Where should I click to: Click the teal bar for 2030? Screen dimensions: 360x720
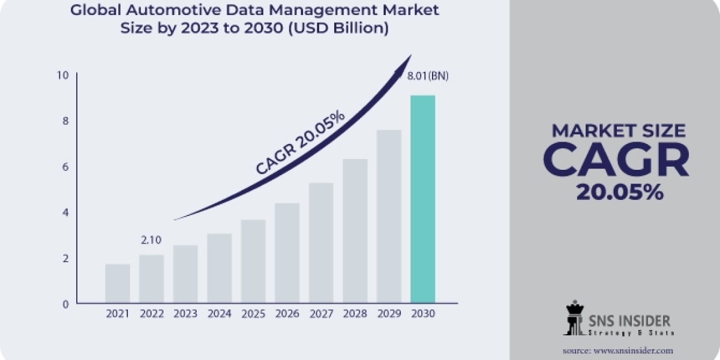tap(422, 199)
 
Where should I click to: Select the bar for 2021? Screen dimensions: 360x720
tap(117, 283)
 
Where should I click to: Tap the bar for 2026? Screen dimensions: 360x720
tap(287, 253)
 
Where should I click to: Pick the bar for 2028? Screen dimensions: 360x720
tap(355, 230)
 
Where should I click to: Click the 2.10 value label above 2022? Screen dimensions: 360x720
tap(151, 241)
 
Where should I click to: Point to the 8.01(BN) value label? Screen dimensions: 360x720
tap(427, 76)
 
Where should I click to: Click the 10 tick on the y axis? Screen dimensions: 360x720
tap(63, 75)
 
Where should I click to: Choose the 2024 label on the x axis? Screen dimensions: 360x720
tap(219, 314)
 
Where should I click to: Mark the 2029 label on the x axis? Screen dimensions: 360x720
tap(389, 314)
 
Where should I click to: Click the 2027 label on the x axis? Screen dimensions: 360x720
tap(321, 314)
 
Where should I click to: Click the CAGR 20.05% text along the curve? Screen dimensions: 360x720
tap(300, 143)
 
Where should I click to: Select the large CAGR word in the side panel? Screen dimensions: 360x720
tap(616, 160)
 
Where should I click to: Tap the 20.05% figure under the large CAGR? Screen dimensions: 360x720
tap(619, 191)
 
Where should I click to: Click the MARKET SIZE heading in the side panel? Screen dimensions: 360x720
tap(618, 130)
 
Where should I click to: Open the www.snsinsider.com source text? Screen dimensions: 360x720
tap(634, 350)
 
